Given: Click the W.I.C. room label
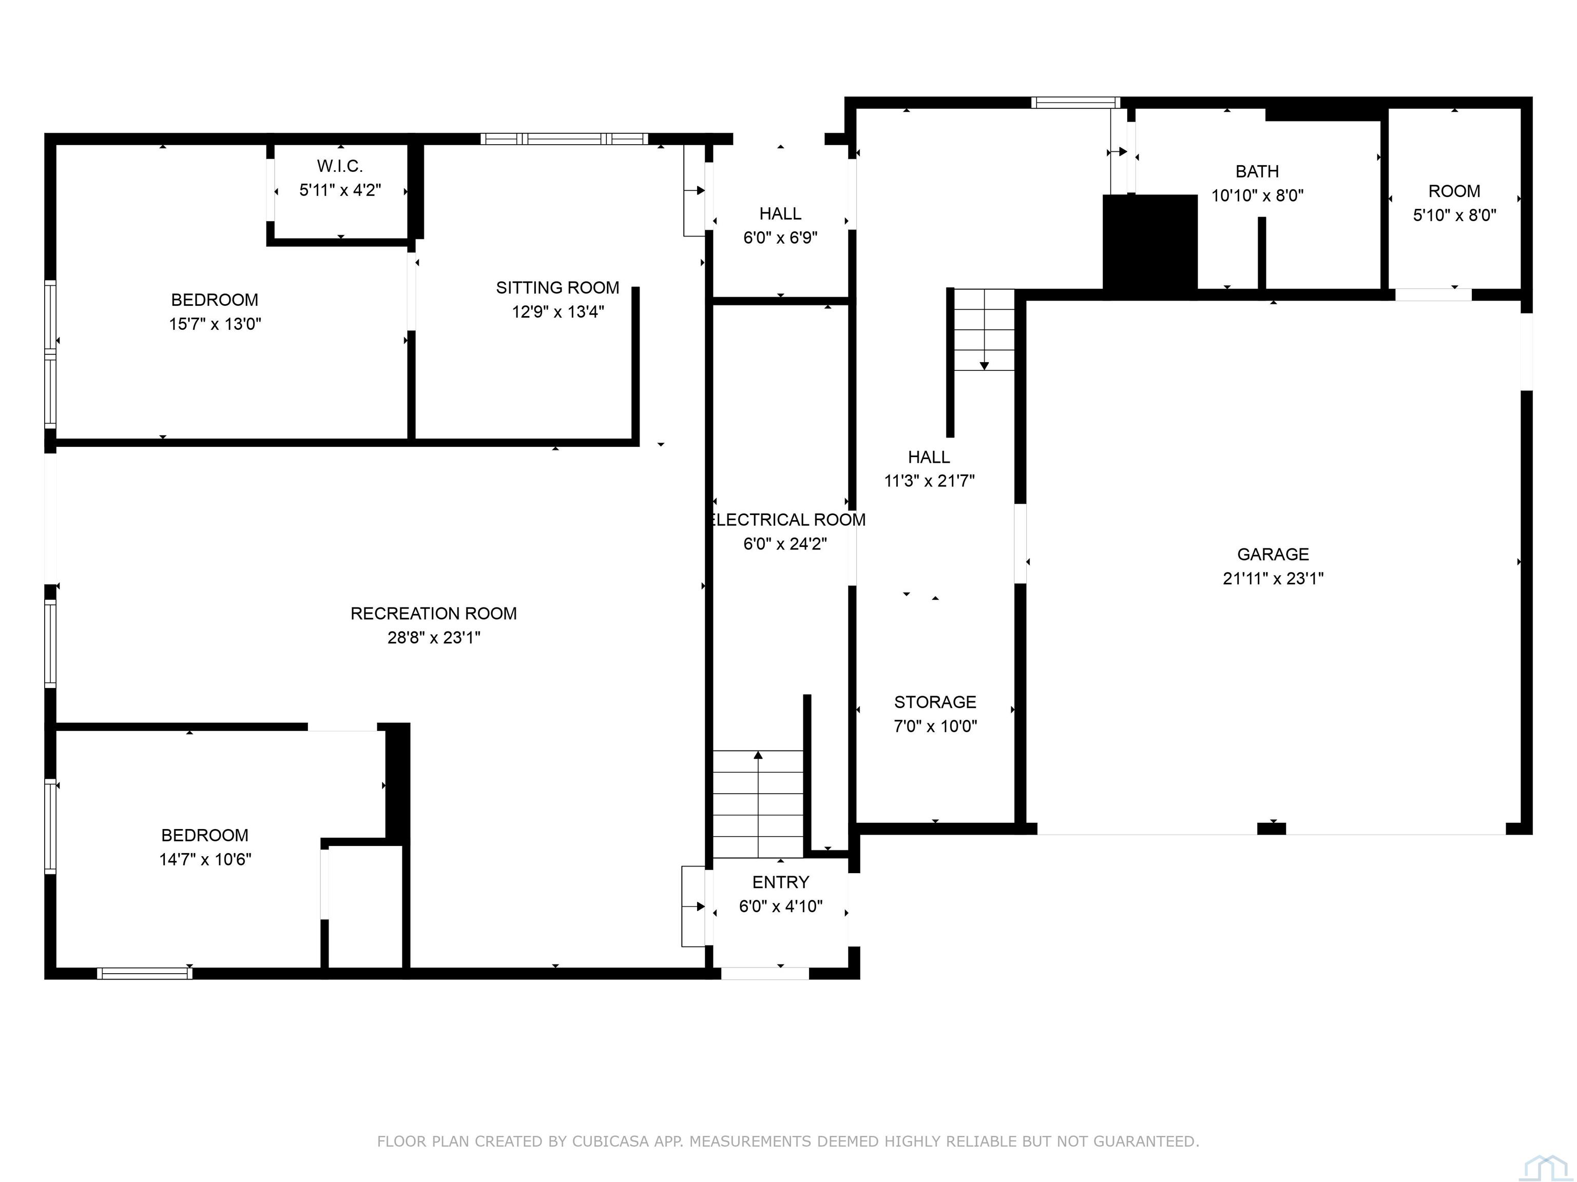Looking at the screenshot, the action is pyautogui.click(x=340, y=166).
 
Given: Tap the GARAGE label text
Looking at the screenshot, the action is pyautogui.click(x=1273, y=554).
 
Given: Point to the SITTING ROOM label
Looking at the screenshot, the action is pyautogui.click(x=557, y=288).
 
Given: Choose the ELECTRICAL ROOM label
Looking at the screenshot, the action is pyautogui.click(x=787, y=520).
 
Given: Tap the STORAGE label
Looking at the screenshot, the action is pyautogui.click(x=935, y=702).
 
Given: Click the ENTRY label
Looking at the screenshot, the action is pyautogui.click(x=781, y=883).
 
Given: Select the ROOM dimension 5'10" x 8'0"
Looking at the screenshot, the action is pyautogui.click(x=1454, y=215).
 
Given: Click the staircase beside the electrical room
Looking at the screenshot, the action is pyautogui.click(x=758, y=804).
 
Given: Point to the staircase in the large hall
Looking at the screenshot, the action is pyautogui.click(x=984, y=330).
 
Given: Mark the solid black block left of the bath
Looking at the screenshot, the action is pyautogui.click(x=1150, y=244).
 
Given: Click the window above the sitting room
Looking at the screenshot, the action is pyautogui.click(x=564, y=139).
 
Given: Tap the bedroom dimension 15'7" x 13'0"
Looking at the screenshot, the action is pyautogui.click(x=215, y=324).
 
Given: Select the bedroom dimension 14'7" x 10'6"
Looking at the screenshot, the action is pyautogui.click(x=205, y=860).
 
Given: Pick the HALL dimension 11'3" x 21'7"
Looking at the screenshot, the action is pyautogui.click(x=929, y=481).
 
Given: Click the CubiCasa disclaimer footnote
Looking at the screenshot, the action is pyautogui.click(x=788, y=1141).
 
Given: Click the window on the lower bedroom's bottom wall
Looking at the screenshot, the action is pyautogui.click(x=145, y=973).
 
